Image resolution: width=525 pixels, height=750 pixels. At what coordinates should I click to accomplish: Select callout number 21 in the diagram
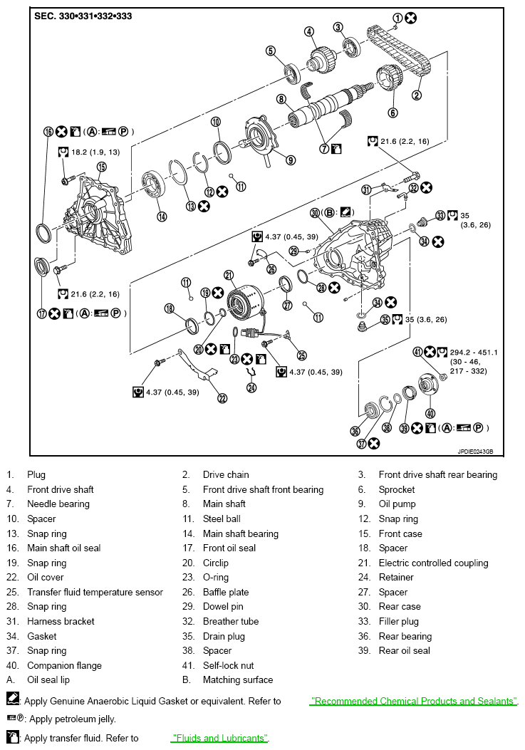[x=229, y=275]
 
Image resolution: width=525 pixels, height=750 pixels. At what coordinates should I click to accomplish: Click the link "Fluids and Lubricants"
[x=219, y=738]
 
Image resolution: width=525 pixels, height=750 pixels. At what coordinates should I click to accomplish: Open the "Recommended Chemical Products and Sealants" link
[x=413, y=701]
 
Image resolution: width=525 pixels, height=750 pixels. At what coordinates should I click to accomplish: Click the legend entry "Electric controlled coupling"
[x=433, y=563]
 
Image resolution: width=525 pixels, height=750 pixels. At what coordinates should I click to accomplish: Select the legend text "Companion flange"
[x=64, y=665]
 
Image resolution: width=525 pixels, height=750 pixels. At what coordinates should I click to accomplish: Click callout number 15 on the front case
[x=101, y=167]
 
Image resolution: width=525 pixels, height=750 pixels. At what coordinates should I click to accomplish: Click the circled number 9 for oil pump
[x=291, y=160]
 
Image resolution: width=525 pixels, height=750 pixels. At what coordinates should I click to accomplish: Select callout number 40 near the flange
[x=430, y=413]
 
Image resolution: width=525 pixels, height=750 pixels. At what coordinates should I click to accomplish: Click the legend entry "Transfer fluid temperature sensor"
[x=95, y=592]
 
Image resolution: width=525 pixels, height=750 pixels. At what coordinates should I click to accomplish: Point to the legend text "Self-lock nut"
[x=230, y=665]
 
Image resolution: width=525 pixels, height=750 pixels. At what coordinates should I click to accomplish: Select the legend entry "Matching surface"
[x=237, y=679]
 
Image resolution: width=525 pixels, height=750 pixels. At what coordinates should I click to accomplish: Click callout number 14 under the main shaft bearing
[x=162, y=217]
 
